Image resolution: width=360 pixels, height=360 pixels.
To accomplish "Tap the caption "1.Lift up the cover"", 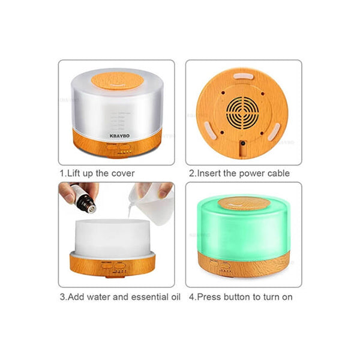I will point(97,173).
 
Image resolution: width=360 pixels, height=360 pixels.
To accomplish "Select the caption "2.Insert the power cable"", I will point(239,173).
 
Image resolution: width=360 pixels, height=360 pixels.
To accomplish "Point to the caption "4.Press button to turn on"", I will point(241,296).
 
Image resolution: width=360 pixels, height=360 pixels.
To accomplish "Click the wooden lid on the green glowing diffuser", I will point(244,203).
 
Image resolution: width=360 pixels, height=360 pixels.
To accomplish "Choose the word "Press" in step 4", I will point(209,296).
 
